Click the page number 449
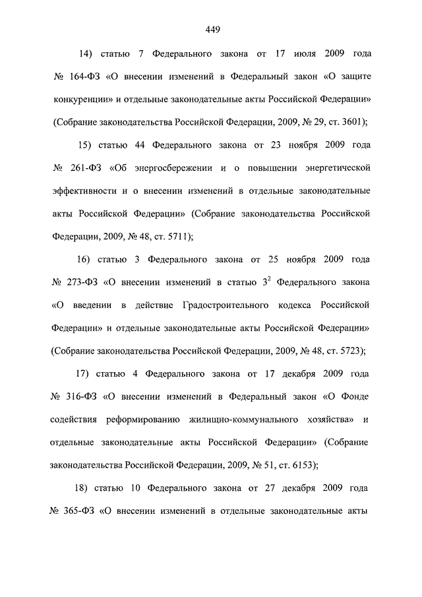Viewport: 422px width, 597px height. (x=212, y=29)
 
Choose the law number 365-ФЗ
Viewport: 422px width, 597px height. (x=78, y=512)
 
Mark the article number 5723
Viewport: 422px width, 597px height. (x=351, y=352)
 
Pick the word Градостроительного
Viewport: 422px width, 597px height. (x=226, y=306)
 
